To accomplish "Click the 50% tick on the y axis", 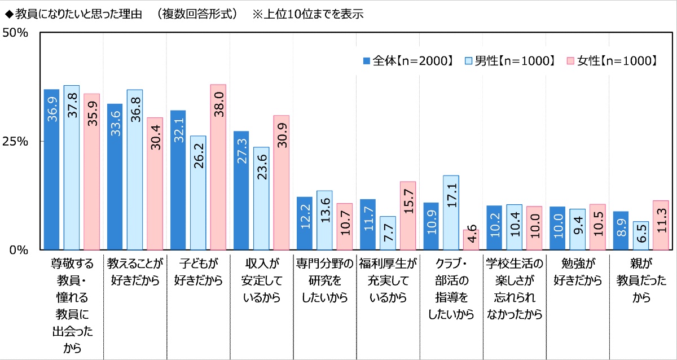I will pos(16,33).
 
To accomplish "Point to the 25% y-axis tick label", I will pos(16,142).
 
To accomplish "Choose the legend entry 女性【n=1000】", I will pos(612,61).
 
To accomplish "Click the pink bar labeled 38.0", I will pos(218,167).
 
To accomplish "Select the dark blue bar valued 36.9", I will pos(51,169).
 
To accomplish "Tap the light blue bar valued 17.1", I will pos(451,212).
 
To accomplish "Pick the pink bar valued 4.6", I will pos(471,240).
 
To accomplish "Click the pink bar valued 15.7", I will pos(407,216).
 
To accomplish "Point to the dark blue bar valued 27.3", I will pos(241,190).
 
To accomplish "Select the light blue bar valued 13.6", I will pos(324,220).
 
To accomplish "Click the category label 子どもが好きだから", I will pos(198,273).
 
